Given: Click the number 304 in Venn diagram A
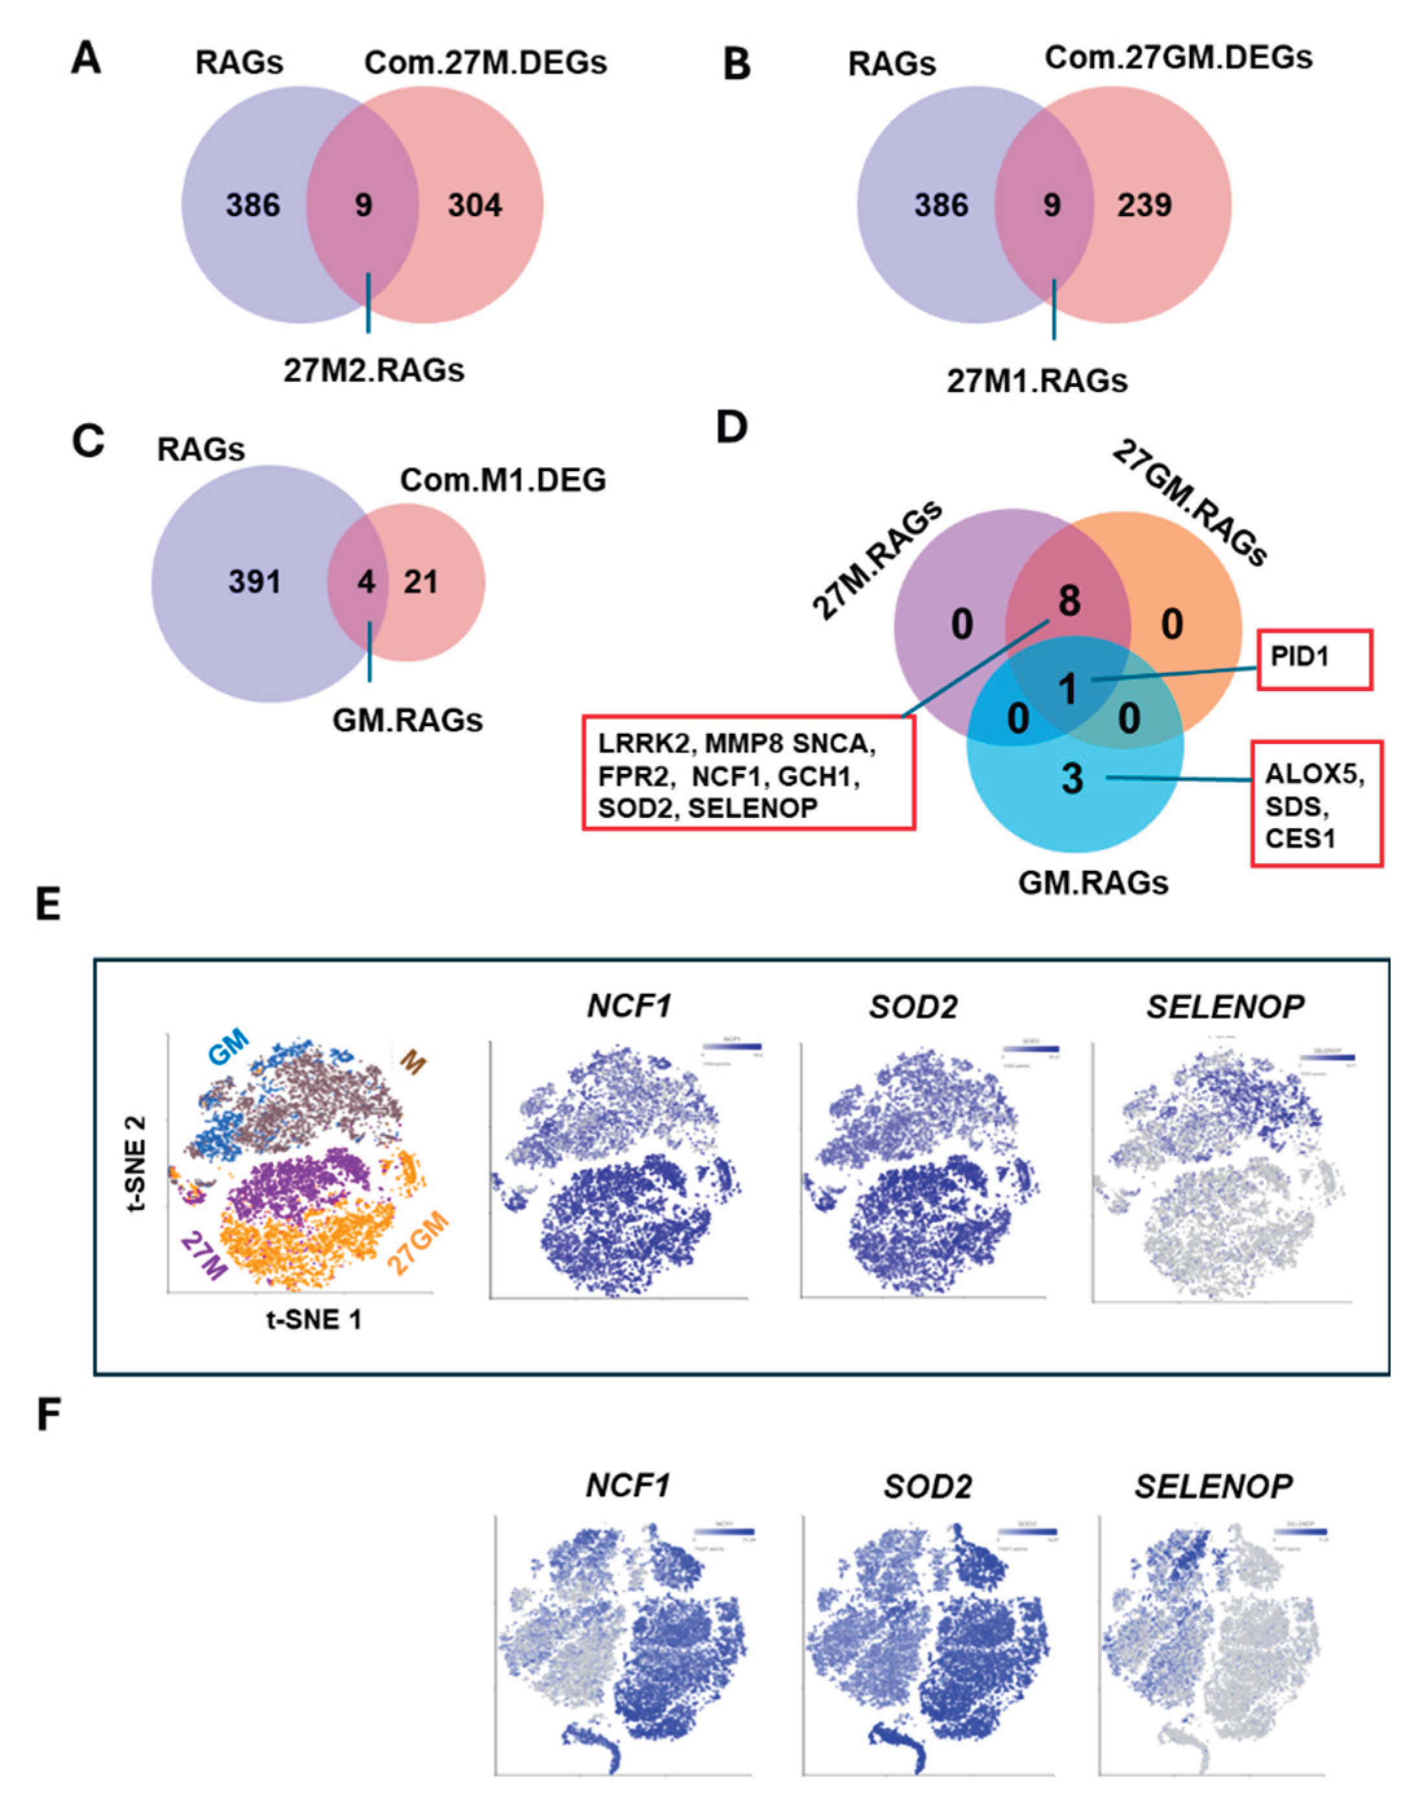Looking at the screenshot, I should [x=475, y=204].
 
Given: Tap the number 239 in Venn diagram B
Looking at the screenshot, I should [x=1145, y=204].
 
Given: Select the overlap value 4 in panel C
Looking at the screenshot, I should [x=366, y=582].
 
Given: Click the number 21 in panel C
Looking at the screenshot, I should [x=421, y=582].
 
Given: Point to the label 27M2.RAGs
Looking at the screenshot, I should [x=373, y=370].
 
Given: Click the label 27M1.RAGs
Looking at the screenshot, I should [x=1037, y=381].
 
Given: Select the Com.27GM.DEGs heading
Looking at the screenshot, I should [x=1178, y=58].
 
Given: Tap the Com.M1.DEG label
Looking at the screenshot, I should [x=503, y=480].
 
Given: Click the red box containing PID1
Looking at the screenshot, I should [x=1313, y=659].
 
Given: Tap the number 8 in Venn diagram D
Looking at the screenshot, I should [x=1068, y=600].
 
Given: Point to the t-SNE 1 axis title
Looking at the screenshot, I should [x=314, y=1319].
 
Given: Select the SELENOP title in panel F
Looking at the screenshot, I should [x=1213, y=1485].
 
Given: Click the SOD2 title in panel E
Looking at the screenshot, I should [x=913, y=1008].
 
